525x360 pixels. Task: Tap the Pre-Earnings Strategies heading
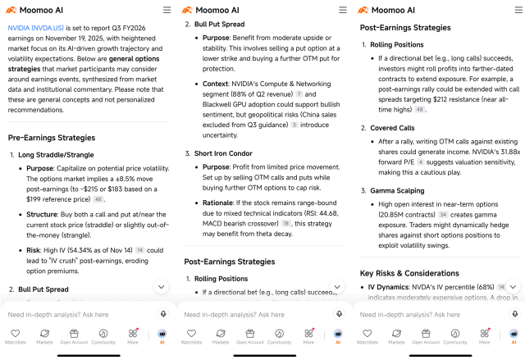[55, 137]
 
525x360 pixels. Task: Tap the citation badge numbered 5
[294, 125]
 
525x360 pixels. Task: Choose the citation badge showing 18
[285, 221]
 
